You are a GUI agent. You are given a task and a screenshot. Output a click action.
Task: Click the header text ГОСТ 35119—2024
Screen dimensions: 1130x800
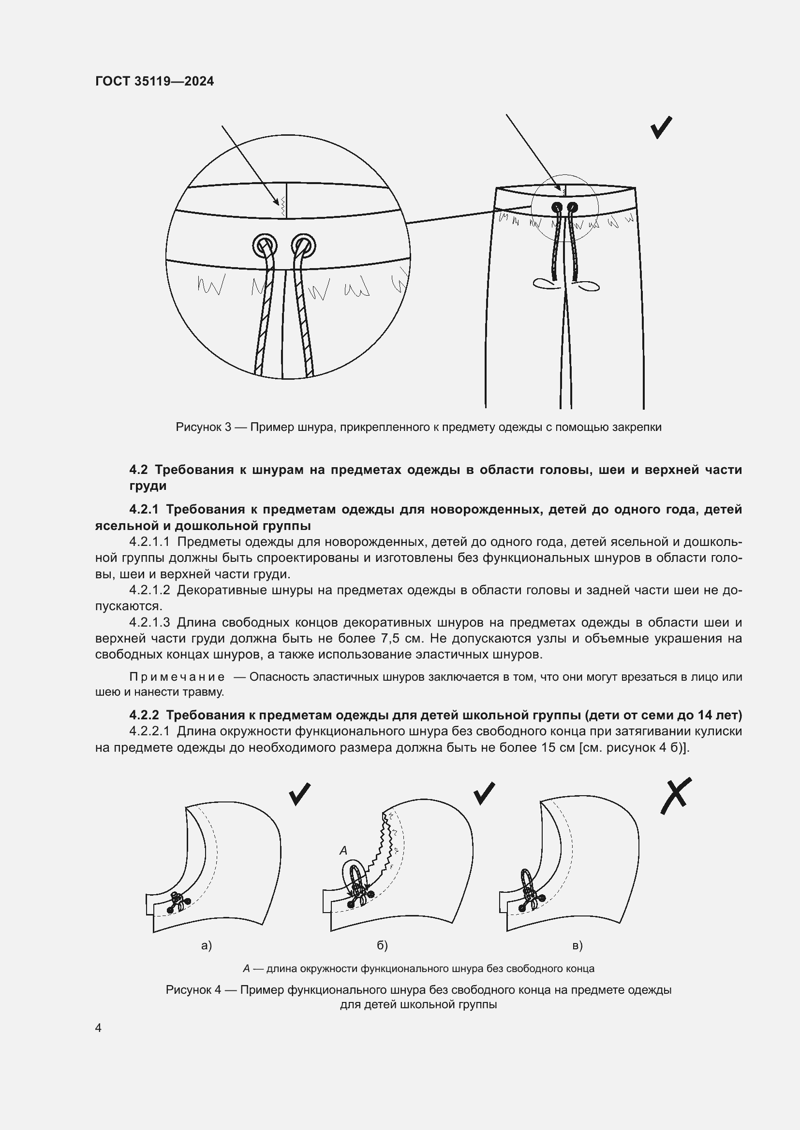[154, 81]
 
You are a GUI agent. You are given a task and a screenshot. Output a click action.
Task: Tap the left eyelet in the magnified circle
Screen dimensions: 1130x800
[265, 244]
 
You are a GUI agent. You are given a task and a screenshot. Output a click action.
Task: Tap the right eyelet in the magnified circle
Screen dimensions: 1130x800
[303, 244]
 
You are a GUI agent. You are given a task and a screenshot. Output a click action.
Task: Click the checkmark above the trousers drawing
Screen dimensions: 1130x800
[661, 128]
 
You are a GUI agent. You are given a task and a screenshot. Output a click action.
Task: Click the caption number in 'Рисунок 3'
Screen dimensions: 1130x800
[228, 427]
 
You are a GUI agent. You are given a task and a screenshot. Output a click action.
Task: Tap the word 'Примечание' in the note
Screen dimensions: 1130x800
[177, 677]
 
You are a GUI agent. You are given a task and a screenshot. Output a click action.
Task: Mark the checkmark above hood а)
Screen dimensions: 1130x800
[299, 794]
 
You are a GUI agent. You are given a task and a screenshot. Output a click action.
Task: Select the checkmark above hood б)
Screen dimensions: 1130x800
[484, 793]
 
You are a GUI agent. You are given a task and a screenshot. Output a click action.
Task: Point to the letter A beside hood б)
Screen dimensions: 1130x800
[343, 850]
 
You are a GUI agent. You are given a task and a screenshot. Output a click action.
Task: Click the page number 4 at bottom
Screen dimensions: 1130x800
[99, 1028]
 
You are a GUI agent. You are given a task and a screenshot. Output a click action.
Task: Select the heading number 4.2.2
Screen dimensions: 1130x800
[144, 715]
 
